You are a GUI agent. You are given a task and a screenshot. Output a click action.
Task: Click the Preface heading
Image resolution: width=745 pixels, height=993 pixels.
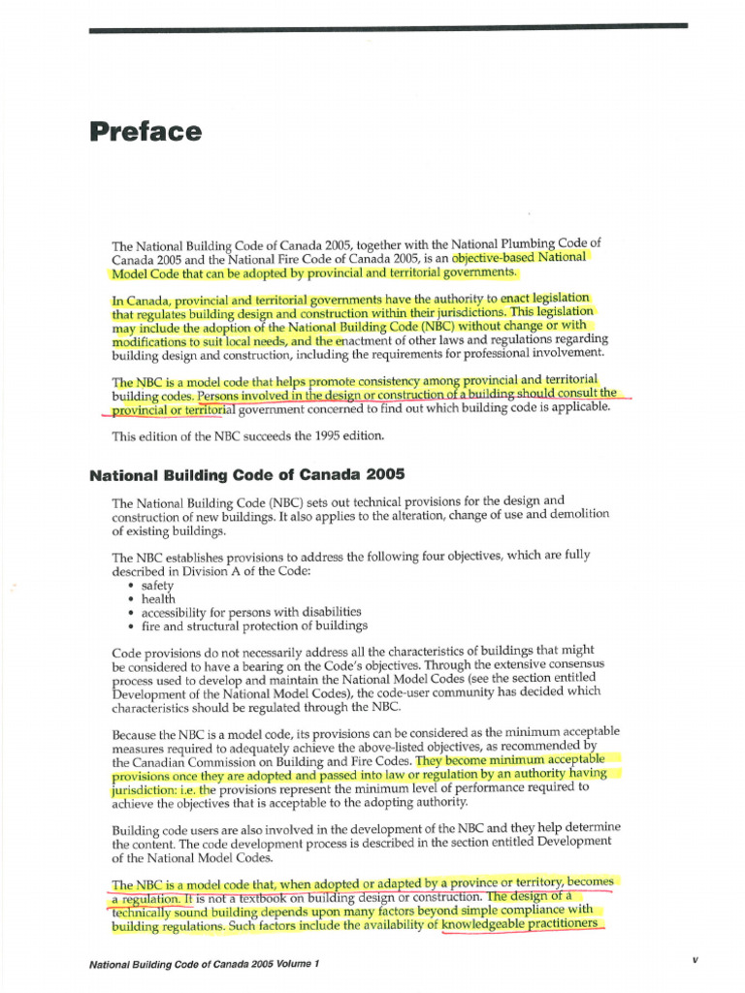146,132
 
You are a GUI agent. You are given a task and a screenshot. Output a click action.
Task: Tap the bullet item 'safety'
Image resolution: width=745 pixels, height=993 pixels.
157,586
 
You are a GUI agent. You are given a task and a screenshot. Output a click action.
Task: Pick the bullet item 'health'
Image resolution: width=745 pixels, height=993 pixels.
157,599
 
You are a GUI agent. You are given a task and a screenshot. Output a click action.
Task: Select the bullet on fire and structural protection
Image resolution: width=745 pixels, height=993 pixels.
241,626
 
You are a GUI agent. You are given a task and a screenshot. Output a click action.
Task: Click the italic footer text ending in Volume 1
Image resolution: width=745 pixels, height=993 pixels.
203,964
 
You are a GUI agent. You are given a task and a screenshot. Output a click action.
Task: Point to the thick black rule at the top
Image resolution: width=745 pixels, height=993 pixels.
388,30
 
